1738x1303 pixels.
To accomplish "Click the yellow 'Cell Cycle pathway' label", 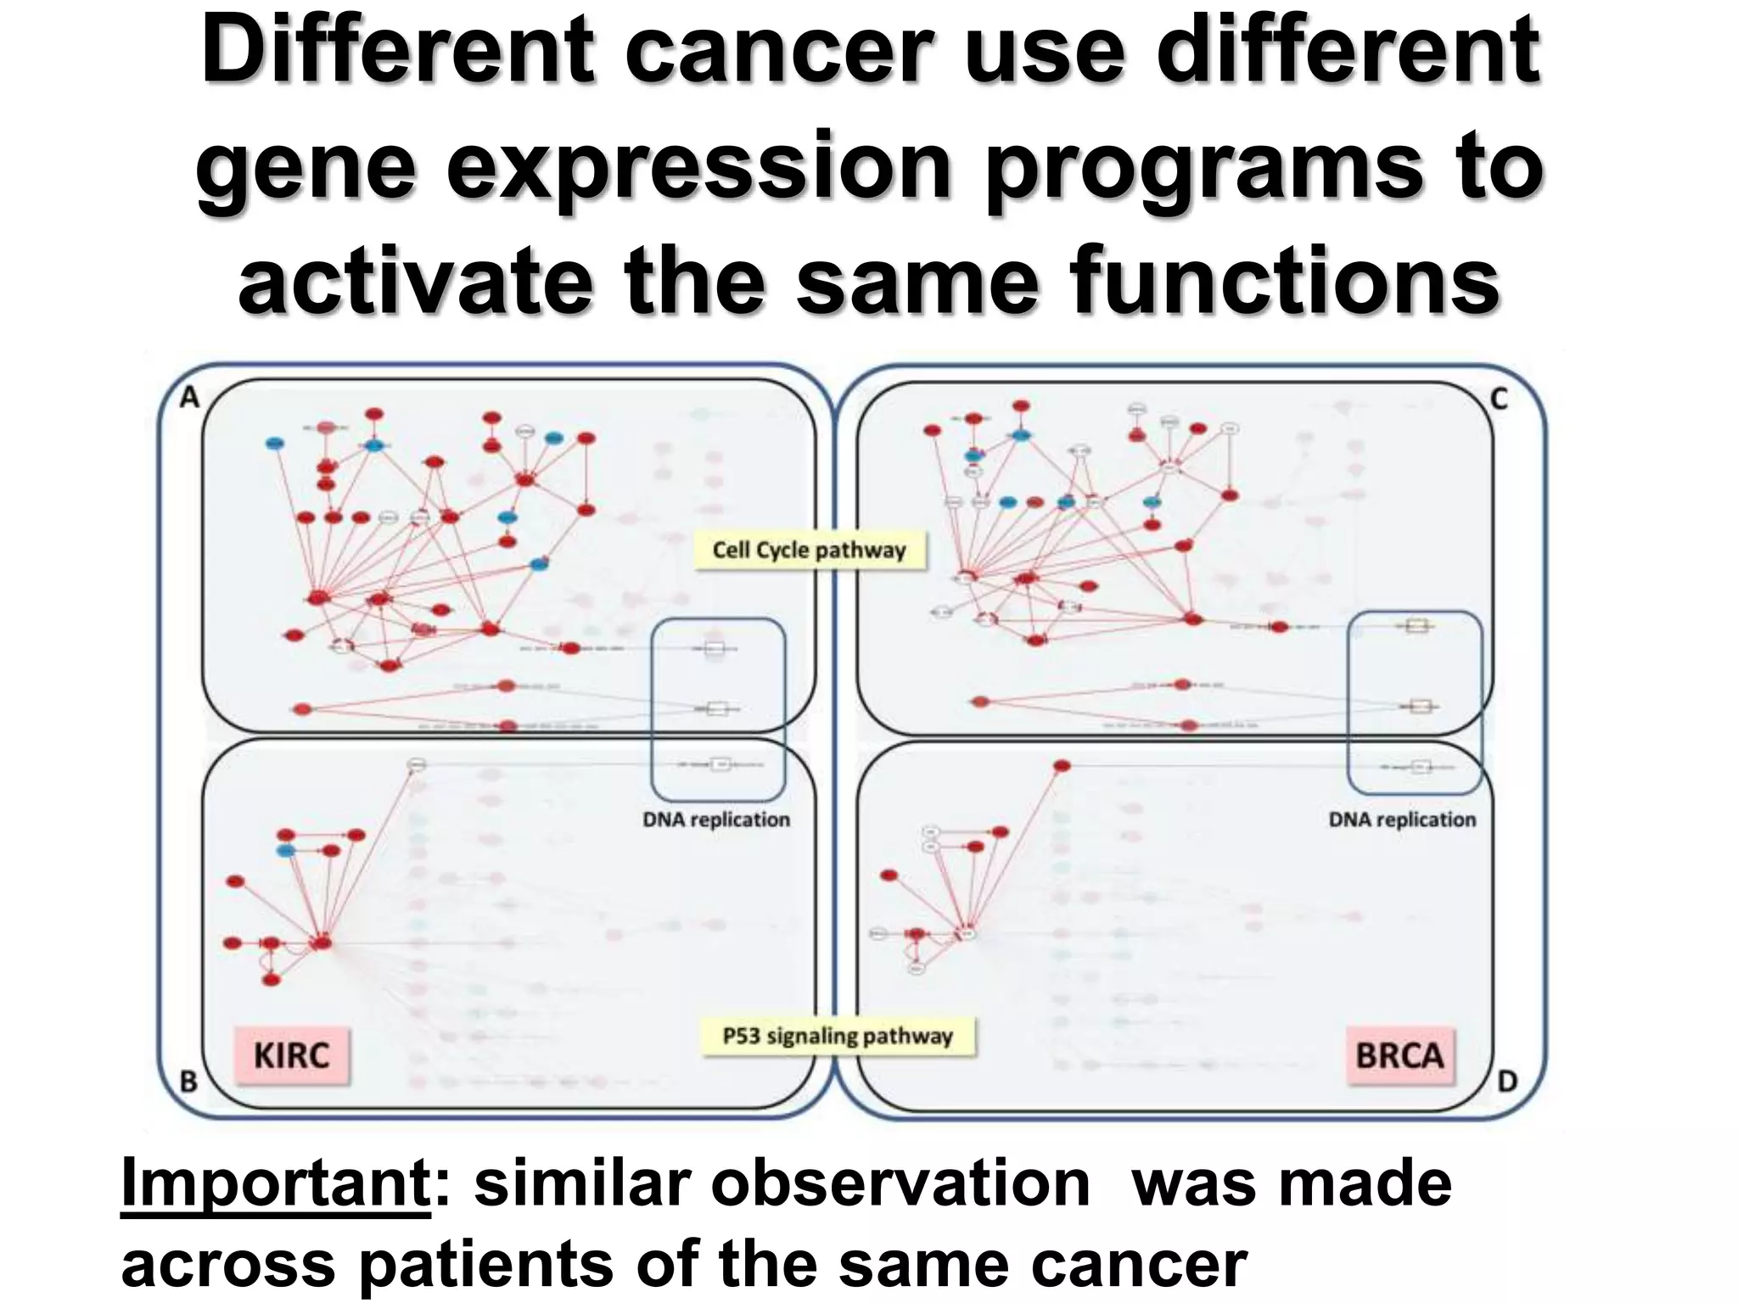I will click(809, 551).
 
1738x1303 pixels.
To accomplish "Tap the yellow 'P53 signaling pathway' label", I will click(838, 1037).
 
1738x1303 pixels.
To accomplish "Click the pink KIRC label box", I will click(291, 1056).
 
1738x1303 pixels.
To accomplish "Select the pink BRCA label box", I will click(1399, 1056).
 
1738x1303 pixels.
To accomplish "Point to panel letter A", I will click(189, 397).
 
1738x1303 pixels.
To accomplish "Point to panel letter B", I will click(188, 1082).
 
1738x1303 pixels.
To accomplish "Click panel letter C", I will click(1499, 399).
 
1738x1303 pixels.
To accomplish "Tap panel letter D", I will click(1507, 1082).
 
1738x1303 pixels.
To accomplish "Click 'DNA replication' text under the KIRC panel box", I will click(716, 820).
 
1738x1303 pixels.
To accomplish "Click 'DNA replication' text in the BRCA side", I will click(1402, 820).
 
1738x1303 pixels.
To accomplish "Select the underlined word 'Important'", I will click(276, 1184).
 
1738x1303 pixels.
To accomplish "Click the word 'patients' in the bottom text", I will click(485, 1264).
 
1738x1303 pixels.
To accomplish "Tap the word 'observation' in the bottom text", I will click(899, 1184).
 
